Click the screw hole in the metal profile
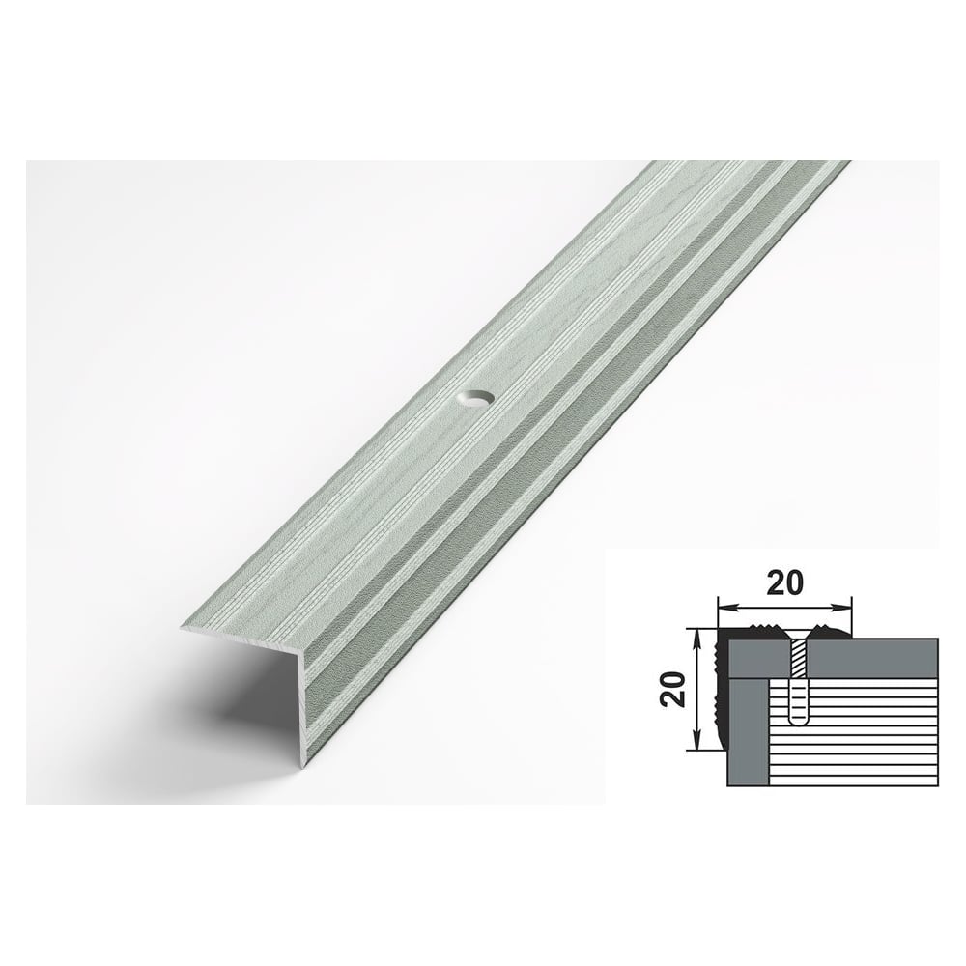coord(477,400)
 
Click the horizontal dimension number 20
coord(784,583)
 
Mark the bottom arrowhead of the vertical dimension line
coord(696,741)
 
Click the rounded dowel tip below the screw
coord(799,718)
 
